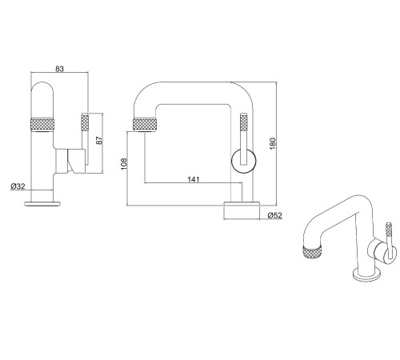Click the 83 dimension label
pos(60,69)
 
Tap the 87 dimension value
pos(99,140)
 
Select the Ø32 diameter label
pos(18,186)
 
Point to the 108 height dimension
pos(124,164)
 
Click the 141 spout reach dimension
pos(194,179)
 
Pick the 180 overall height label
pos(272,143)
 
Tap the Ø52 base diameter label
pos(274,215)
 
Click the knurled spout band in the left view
pos(42,125)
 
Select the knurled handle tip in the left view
pos(85,122)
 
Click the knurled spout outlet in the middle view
pos(146,125)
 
